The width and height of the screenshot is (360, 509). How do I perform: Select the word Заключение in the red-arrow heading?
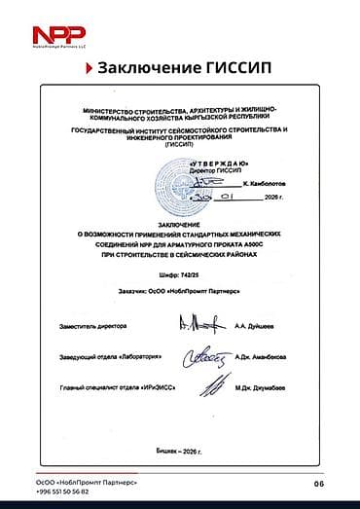(x=149, y=68)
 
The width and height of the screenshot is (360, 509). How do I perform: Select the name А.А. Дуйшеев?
(x=255, y=327)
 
